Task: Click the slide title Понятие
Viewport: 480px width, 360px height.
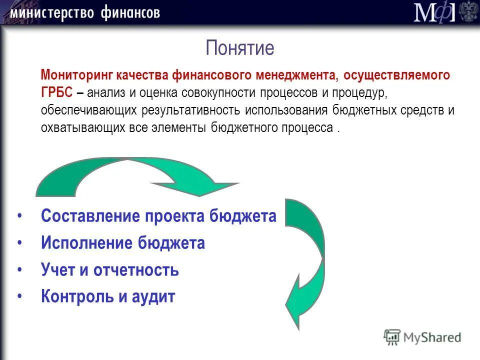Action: (240, 48)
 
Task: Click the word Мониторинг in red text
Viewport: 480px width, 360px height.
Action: (77, 76)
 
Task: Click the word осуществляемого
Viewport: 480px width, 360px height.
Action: (396, 76)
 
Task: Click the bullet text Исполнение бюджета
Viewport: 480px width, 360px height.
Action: (123, 243)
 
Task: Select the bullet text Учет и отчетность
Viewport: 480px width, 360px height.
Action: (110, 270)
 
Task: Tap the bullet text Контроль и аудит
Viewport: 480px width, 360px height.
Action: (108, 297)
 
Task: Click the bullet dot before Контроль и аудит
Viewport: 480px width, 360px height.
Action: (19, 296)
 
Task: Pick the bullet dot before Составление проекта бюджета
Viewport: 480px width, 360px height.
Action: (19, 216)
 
